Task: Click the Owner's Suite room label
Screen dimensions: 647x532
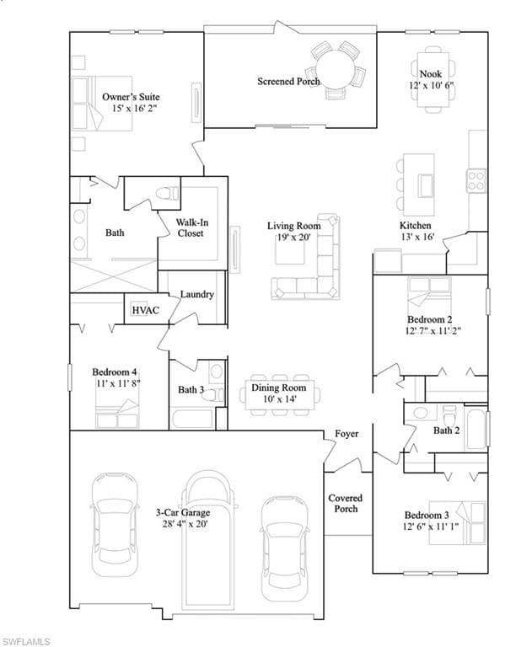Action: pos(131,97)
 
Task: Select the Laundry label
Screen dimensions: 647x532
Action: pos(196,294)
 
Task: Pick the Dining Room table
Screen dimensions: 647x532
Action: pos(278,393)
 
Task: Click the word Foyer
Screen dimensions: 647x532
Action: pos(347,434)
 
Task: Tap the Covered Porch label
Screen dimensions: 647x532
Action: pos(345,503)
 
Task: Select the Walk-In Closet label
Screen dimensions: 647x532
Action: pos(190,227)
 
